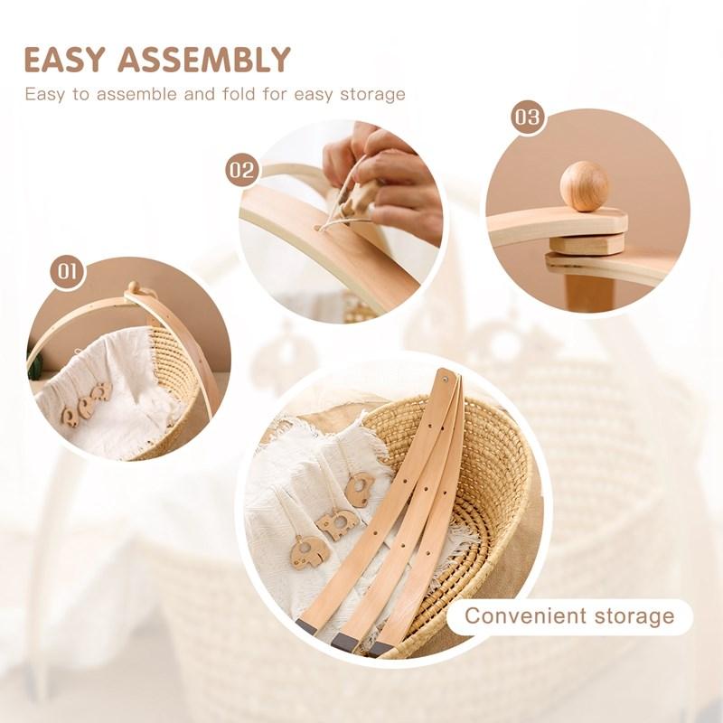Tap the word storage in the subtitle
tap(372, 95)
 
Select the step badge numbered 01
tap(67, 272)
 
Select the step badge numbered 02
tap(241, 170)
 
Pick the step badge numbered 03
tap(527, 117)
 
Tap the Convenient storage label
tap(569, 615)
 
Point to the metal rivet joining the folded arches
tap(446, 379)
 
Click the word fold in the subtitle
tap(239, 94)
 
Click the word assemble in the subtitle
tap(140, 94)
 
